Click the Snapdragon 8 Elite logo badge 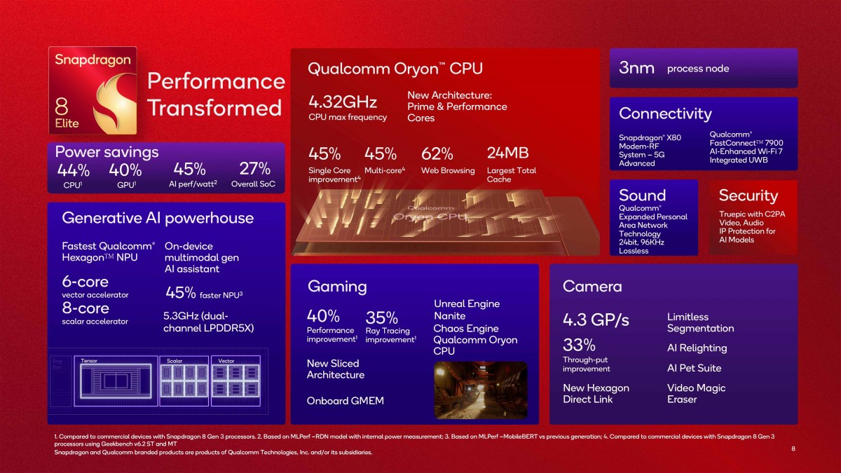click(93, 91)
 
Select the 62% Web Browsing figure click(437, 153)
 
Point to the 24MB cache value click(507, 153)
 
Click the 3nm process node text click(637, 68)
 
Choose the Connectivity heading click(664, 114)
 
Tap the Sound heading click(642, 196)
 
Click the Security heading click(748, 196)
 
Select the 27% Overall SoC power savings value click(254, 169)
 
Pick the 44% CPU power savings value click(74, 170)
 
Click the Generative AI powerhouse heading click(157, 218)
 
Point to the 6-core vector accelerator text click(86, 282)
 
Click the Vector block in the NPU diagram click(235, 381)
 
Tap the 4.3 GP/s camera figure click(596, 320)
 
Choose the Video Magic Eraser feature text click(696, 394)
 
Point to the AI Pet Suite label click(694, 368)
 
